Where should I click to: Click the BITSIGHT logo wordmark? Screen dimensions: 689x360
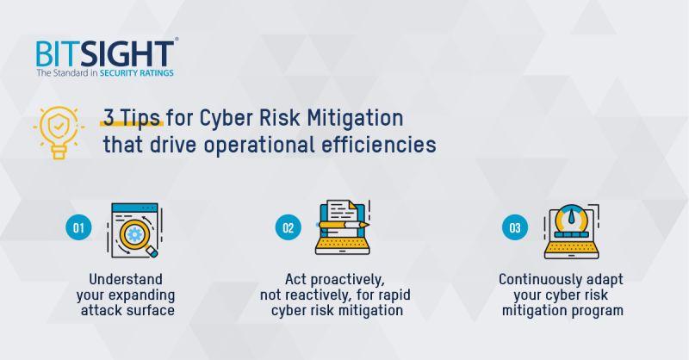pos(105,54)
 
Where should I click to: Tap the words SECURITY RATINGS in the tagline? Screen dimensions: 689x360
pos(137,73)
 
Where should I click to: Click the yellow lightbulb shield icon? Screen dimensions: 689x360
pos(59,133)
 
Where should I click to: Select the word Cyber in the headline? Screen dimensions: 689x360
pos(227,119)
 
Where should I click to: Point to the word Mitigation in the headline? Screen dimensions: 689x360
pos(355,119)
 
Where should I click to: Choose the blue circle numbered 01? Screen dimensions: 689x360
pos(78,227)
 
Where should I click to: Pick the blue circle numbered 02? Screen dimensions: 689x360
pos(289,227)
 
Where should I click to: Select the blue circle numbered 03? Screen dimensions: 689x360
pos(514,227)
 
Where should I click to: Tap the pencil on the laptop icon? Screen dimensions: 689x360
pos(344,225)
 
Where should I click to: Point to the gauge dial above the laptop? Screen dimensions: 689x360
pos(571,218)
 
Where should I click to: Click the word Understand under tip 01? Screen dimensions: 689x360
pos(126,279)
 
